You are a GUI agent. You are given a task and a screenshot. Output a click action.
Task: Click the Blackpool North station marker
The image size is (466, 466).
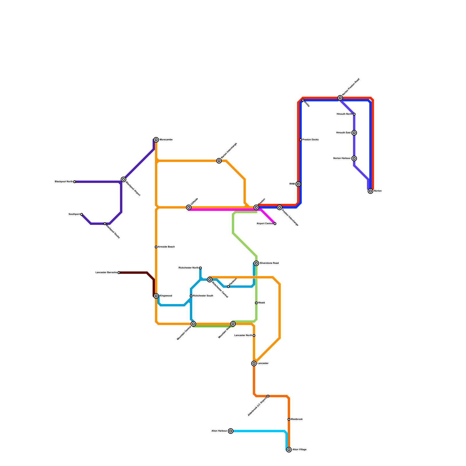tap(75, 182)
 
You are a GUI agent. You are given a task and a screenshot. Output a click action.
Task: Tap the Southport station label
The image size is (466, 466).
tap(74, 214)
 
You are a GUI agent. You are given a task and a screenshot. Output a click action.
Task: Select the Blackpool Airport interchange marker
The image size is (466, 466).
tap(123, 179)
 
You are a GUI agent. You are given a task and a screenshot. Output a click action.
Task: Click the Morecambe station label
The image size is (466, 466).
tap(166, 140)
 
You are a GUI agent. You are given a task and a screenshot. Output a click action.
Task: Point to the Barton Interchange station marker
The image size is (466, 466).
tap(219, 161)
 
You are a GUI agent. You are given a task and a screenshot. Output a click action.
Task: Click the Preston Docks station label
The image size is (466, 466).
tap(310, 140)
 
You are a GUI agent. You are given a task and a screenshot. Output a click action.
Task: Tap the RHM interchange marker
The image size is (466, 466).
tap(298, 184)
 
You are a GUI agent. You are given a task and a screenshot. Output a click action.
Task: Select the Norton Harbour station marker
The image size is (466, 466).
tap(354, 158)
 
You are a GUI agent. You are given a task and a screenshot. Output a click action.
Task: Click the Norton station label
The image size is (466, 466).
tap(377, 191)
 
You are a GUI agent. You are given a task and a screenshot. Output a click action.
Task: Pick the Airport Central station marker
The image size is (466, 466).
tap(275, 224)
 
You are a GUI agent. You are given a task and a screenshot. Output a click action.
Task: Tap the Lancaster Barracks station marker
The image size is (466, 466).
tap(119, 273)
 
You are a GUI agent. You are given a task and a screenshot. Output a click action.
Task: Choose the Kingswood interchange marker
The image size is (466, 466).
tap(156, 296)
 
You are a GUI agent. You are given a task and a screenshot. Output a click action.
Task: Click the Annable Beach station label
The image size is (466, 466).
tap(166, 247)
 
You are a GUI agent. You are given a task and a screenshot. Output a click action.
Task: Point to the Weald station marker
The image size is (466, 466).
tap(256, 303)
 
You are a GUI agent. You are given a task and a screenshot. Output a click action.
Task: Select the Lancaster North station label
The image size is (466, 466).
tap(243, 336)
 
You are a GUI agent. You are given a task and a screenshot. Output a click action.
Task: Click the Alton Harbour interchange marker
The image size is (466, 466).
tap(231, 431)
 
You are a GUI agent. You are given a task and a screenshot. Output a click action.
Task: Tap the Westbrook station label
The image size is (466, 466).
tap(296, 419)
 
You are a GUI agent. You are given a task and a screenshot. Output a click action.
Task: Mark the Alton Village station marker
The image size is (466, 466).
tap(289, 450)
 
